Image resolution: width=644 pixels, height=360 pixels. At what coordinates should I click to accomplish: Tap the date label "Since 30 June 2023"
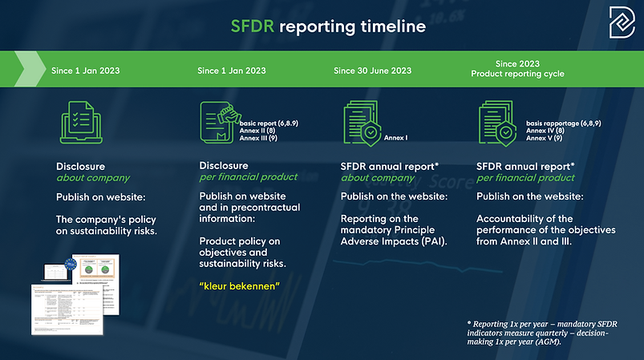[372, 71]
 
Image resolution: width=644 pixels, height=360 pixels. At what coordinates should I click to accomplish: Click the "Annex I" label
[396, 137]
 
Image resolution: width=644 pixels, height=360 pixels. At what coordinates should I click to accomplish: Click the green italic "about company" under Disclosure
[93, 177]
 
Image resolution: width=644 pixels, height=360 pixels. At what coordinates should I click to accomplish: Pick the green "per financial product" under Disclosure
[248, 177]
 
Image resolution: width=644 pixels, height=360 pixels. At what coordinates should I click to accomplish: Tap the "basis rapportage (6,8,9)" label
[564, 123]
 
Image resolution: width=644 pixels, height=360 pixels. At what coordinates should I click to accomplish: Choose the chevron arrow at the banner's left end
[27, 70]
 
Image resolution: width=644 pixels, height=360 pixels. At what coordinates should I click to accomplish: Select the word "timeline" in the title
[387, 26]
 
